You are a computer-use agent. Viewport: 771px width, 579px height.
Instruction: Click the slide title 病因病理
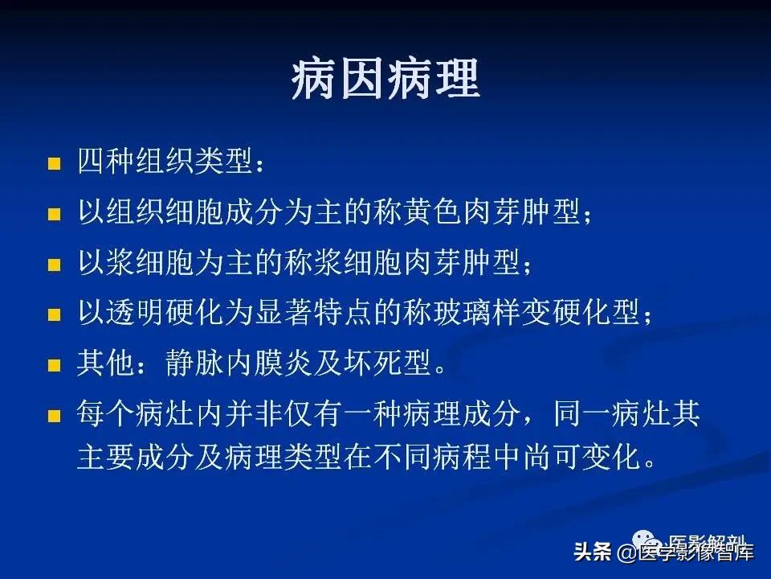[x=385, y=80]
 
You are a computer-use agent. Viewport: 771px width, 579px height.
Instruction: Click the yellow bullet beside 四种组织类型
[x=55, y=165]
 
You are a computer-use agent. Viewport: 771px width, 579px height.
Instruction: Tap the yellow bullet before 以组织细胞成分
[x=55, y=216]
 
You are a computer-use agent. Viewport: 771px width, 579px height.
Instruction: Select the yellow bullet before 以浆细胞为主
[x=55, y=265]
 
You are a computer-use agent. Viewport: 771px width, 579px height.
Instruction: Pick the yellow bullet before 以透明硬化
[x=55, y=315]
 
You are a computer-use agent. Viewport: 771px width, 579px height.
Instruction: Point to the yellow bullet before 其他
[x=55, y=365]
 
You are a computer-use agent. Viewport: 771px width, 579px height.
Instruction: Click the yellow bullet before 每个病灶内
[x=55, y=416]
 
